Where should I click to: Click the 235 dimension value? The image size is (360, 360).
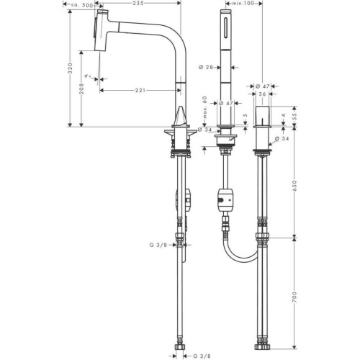pyautogui.click(x=138, y=3)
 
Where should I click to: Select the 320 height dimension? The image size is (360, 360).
pyautogui.click(x=70, y=68)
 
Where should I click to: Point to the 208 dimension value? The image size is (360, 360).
pyautogui.click(x=81, y=89)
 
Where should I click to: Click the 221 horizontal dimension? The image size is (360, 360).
pyautogui.click(x=140, y=90)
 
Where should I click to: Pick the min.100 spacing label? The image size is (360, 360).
pyautogui.click(x=243, y=3)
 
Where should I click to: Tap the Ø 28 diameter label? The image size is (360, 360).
pyautogui.click(x=206, y=68)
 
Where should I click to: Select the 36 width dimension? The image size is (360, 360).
pyautogui.click(x=262, y=94)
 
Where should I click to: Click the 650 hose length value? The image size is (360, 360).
pyautogui.click(x=294, y=186)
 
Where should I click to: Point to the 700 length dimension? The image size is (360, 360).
pyautogui.click(x=294, y=297)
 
